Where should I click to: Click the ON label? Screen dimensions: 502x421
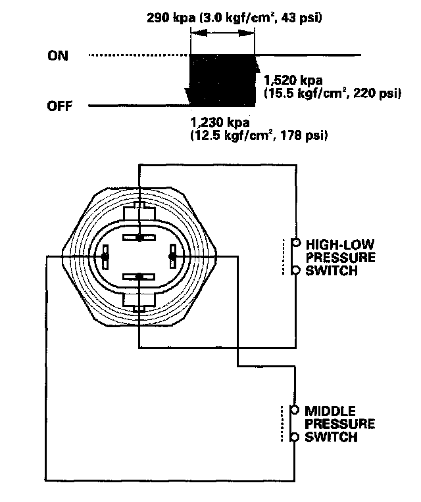pos(57,55)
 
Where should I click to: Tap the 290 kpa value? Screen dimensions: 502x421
pos(170,18)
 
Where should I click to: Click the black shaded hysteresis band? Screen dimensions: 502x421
pos(222,80)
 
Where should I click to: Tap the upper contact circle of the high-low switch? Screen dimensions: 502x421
pos(295,241)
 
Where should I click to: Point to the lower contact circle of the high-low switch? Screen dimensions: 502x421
pos(295,270)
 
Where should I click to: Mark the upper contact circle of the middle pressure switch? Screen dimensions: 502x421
pos(295,409)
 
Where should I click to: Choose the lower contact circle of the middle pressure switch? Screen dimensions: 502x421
pos(295,438)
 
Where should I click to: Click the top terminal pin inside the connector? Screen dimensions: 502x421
pos(139,237)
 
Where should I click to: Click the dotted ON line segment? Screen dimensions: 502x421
pos(138,55)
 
